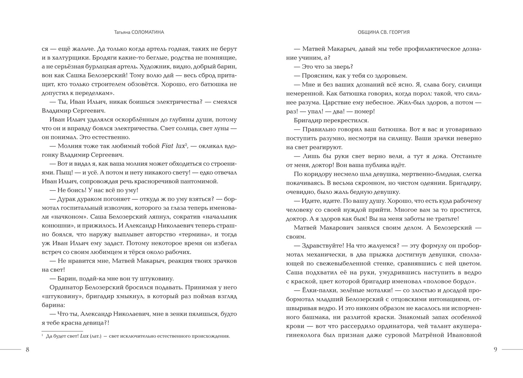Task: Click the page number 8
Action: click(x=28, y=349)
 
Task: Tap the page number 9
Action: click(x=495, y=349)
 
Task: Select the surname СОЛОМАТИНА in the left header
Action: click(x=149, y=32)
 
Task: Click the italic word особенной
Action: click(x=466, y=317)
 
